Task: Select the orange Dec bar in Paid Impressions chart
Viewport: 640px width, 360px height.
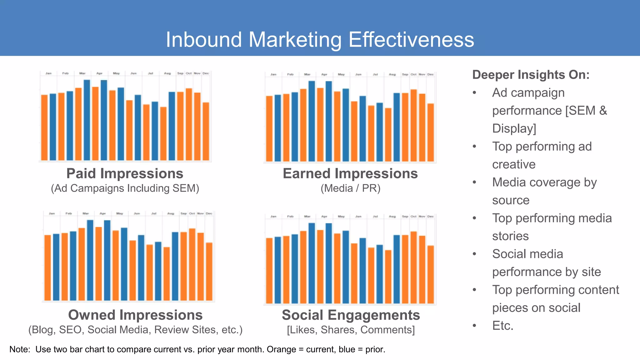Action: coord(206,131)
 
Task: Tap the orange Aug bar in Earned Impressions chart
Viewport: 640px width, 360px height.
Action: coord(388,135)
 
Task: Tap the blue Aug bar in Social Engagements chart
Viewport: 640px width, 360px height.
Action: coord(397,269)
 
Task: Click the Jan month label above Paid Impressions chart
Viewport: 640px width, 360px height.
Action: coord(48,73)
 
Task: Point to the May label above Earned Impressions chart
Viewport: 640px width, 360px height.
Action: coord(341,74)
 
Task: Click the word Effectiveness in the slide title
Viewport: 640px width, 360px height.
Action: coord(411,40)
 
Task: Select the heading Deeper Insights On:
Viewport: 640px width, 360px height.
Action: coord(531,75)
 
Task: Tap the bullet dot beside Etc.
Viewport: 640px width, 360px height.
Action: coord(474,326)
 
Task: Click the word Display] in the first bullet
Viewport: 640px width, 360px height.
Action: coord(514,128)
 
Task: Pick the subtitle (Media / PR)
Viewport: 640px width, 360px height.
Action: coord(350,188)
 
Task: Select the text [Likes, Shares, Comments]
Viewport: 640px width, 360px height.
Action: coord(351,330)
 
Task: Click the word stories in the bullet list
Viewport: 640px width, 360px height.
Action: coord(510,236)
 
